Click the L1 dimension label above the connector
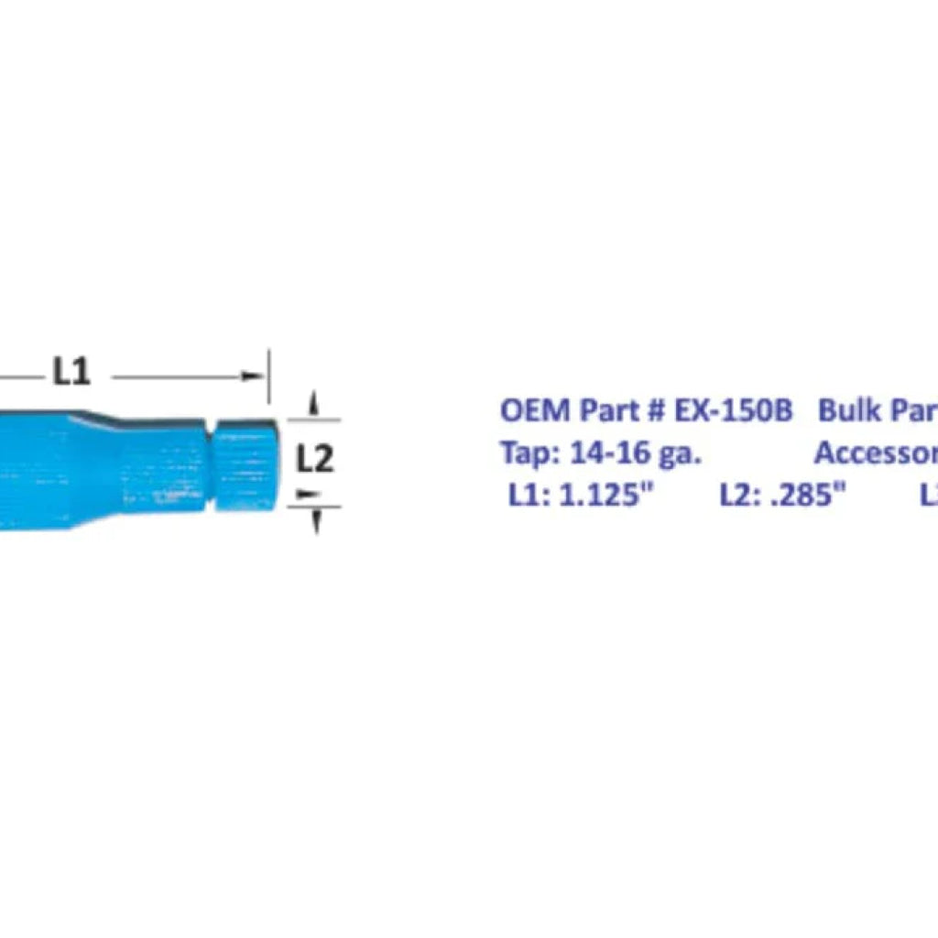(71, 372)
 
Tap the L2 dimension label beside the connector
(315, 459)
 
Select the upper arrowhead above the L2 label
(314, 402)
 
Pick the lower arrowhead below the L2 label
(315, 519)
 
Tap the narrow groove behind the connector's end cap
(209, 464)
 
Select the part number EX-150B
(733, 409)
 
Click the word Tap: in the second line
(530, 453)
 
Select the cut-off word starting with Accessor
(876, 453)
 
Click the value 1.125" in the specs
(605, 496)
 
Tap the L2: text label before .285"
(739, 496)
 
